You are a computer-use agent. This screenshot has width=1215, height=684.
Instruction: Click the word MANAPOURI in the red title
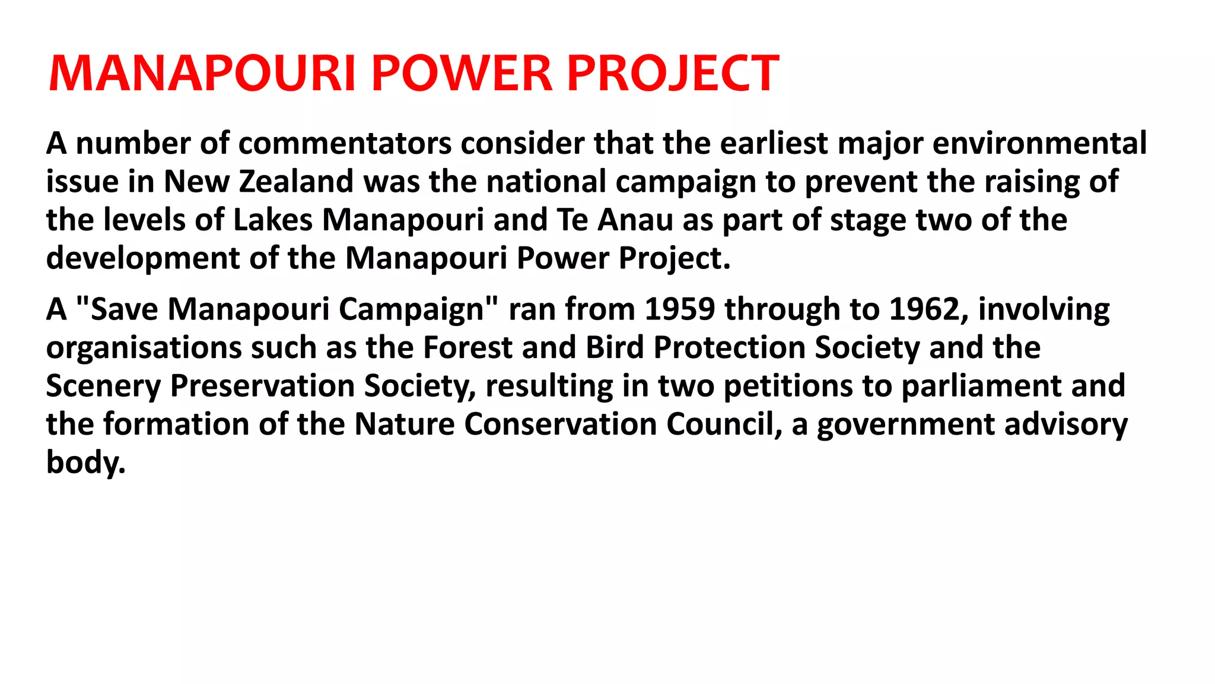[x=202, y=74]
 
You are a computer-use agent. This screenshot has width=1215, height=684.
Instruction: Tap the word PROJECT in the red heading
[x=673, y=74]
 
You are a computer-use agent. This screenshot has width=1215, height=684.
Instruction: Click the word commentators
[x=345, y=144]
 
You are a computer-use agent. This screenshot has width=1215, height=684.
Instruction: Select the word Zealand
[x=296, y=182]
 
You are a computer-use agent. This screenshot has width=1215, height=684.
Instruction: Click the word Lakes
[x=272, y=220]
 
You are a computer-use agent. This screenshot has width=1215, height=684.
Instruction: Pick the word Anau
[x=635, y=220]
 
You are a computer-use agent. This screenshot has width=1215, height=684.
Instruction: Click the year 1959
[x=679, y=309]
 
